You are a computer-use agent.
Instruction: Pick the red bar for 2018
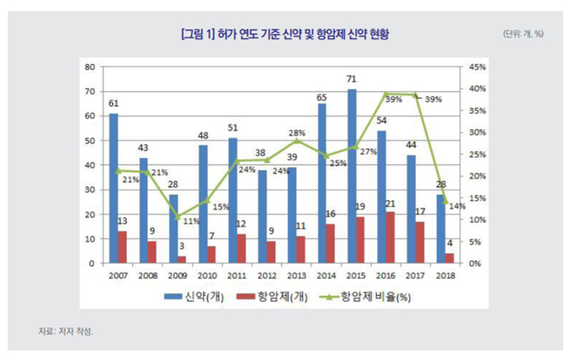pos(450,258)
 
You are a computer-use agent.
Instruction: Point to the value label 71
pos(352,80)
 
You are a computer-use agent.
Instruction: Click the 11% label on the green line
pos(191,221)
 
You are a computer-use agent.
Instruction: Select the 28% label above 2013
pos(297,133)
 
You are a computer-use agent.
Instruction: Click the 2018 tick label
pos(445,275)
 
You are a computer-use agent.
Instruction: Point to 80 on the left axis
pos(90,67)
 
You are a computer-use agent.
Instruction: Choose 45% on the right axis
pos(477,67)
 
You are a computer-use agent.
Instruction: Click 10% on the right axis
pos(477,220)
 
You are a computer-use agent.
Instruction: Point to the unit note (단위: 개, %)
pos(525,35)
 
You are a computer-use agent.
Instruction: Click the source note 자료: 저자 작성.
pos(65,331)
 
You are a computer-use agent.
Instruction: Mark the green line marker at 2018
pos(445,202)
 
